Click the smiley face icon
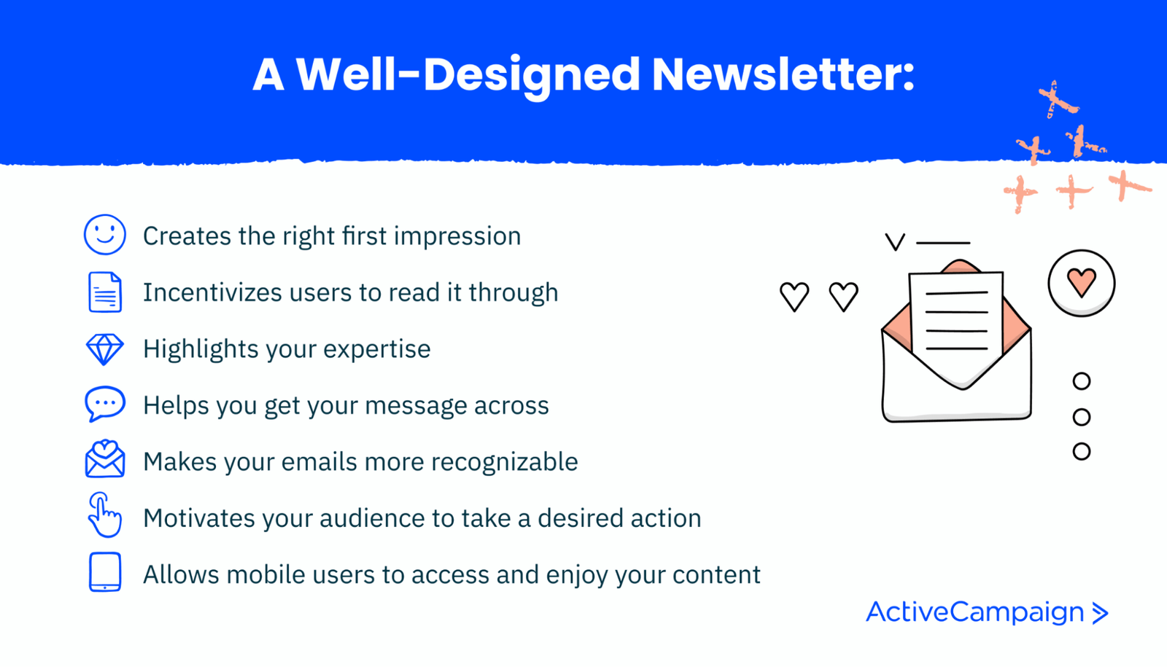pyautogui.click(x=105, y=235)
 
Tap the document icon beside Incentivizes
pyautogui.click(x=105, y=292)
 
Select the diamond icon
pyautogui.click(x=105, y=349)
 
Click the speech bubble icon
pyautogui.click(x=105, y=404)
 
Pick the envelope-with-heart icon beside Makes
pyautogui.click(x=105, y=459)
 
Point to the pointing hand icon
pyautogui.click(x=104, y=515)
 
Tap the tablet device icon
pyautogui.click(x=105, y=572)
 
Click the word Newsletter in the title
pyautogui.click(x=783, y=75)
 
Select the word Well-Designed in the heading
pyautogui.click(x=468, y=75)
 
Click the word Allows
pyautogui.click(x=181, y=574)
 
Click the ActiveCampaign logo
pyautogui.click(x=986, y=612)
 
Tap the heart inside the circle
pyautogui.click(x=1081, y=282)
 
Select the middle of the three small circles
pyautogui.click(x=1082, y=417)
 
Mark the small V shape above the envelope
pyautogui.click(x=895, y=242)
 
